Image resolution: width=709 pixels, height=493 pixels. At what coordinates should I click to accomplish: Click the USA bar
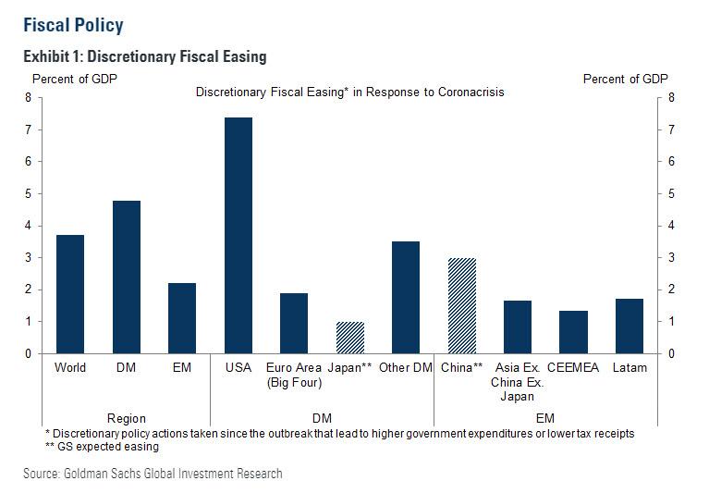click(238, 236)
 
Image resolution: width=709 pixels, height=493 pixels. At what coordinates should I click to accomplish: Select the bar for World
click(70, 294)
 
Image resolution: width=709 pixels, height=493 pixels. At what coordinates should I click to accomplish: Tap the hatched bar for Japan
click(349, 338)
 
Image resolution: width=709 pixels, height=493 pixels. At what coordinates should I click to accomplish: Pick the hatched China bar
click(461, 306)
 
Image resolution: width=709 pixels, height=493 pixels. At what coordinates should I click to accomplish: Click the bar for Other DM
click(405, 298)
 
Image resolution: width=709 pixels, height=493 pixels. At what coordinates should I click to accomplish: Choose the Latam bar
click(629, 326)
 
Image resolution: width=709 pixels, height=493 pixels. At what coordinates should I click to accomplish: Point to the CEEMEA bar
click(573, 332)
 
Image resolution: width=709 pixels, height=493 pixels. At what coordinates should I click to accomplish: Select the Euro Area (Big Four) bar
click(294, 323)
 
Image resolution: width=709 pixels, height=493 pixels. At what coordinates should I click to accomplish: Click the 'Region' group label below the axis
click(126, 418)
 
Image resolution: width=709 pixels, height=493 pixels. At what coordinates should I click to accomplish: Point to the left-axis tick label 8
click(29, 98)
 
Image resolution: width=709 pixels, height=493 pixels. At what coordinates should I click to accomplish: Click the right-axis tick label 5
click(671, 193)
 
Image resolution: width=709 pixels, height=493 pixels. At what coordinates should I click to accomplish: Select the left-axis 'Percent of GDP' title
click(75, 79)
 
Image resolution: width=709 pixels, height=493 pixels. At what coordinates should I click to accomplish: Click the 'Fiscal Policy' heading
click(73, 25)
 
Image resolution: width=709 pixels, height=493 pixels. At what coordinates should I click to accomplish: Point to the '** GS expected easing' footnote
click(103, 447)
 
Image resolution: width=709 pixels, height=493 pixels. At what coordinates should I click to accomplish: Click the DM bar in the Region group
click(126, 277)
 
